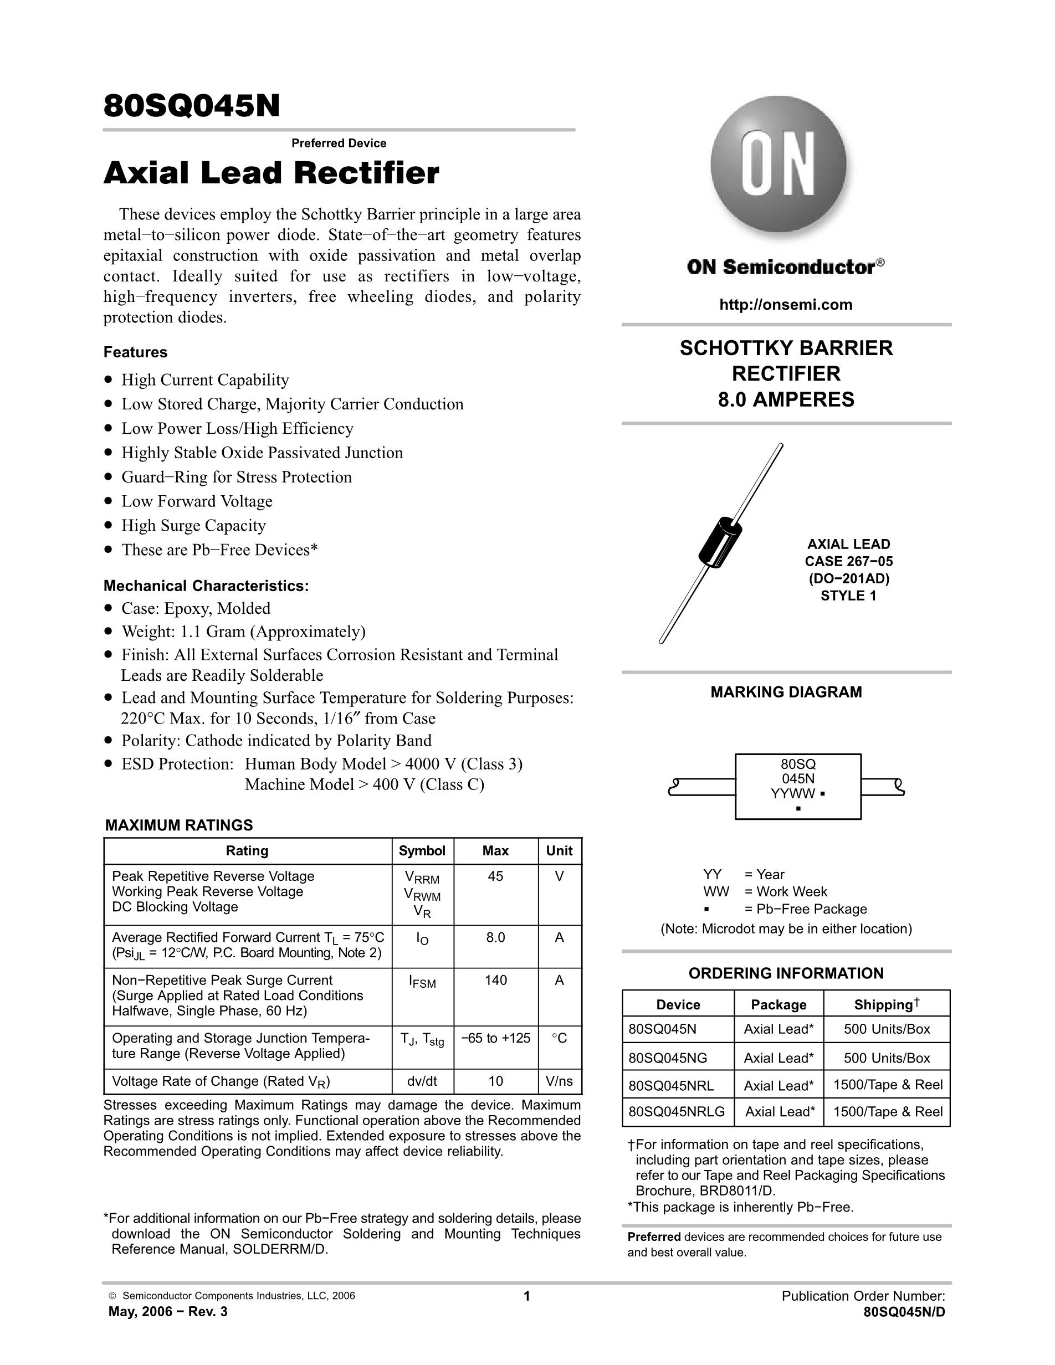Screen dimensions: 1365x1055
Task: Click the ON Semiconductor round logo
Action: (778, 165)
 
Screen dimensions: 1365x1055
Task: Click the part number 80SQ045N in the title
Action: (191, 106)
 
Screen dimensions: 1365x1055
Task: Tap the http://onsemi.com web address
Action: (786, 305)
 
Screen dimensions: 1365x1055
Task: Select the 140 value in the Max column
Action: (495, 980)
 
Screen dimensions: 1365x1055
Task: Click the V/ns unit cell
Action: (559, 1081)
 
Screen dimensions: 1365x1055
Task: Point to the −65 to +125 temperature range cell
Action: (495, 1038)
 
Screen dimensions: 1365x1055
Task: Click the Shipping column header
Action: (886, 1004)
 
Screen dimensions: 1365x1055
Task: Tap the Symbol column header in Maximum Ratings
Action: (422, 850)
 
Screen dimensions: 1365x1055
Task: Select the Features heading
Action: (135, 352)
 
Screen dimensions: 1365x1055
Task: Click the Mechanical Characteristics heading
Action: (206, 586)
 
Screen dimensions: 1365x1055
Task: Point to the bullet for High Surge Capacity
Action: (109, 526)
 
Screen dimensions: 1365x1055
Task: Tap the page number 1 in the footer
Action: (527, 1296)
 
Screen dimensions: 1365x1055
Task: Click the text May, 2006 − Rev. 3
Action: (167, 1312)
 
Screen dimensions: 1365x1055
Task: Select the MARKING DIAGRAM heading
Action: (786, 692)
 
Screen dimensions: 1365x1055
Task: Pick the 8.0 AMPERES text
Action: (786, 399)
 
